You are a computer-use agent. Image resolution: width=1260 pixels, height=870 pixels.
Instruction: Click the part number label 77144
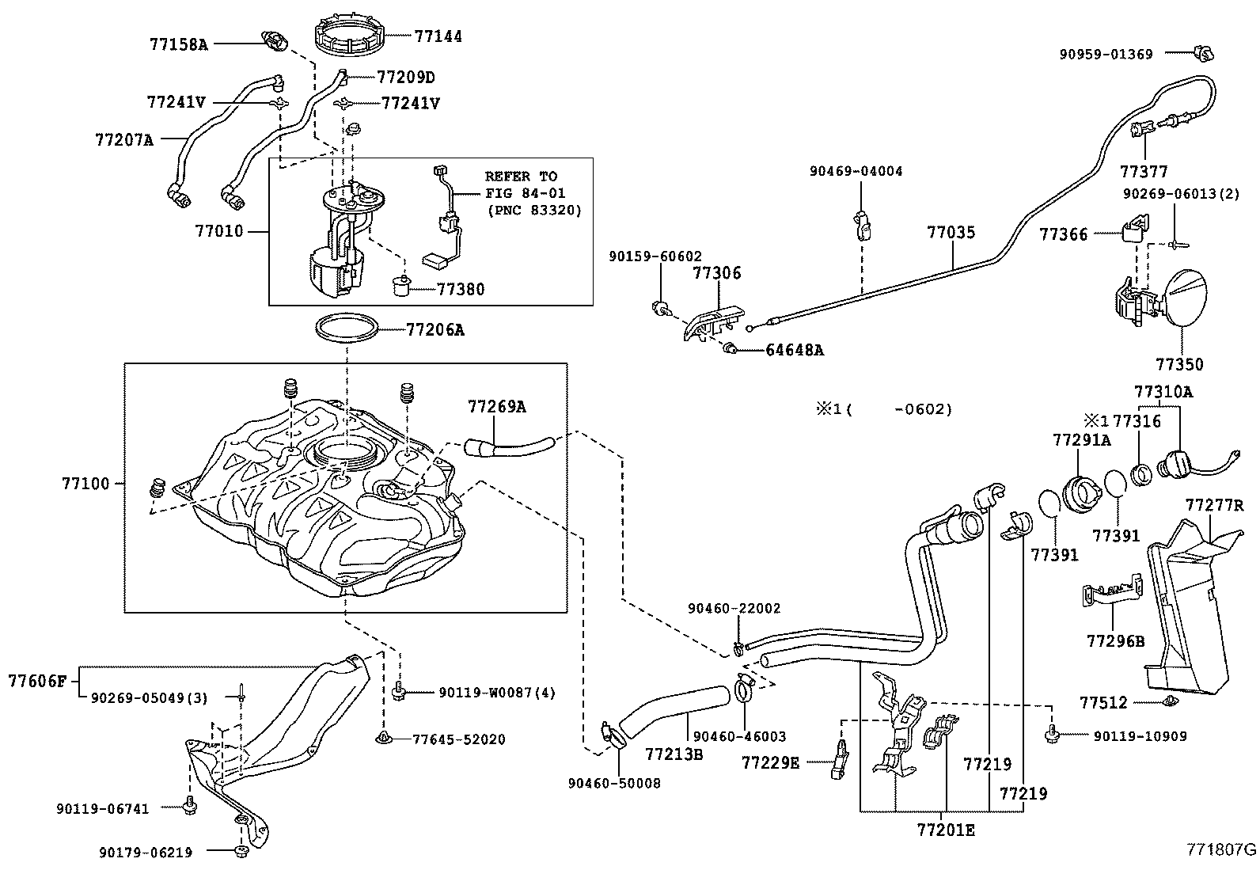[438, 36]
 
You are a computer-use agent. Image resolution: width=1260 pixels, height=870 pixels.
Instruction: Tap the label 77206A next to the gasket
[435, 330]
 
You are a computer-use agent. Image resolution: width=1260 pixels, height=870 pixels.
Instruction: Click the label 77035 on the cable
[951, 233]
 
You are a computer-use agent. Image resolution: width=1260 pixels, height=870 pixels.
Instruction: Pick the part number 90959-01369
[1106, 54]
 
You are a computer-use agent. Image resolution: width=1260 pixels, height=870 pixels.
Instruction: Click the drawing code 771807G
[1220, 850]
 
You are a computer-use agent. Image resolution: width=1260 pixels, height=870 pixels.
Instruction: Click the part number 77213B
[674, 754]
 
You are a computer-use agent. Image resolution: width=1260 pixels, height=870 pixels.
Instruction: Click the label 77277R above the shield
[1214, 505]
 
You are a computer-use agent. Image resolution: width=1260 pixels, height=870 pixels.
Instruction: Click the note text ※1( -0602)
[884, 409]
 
